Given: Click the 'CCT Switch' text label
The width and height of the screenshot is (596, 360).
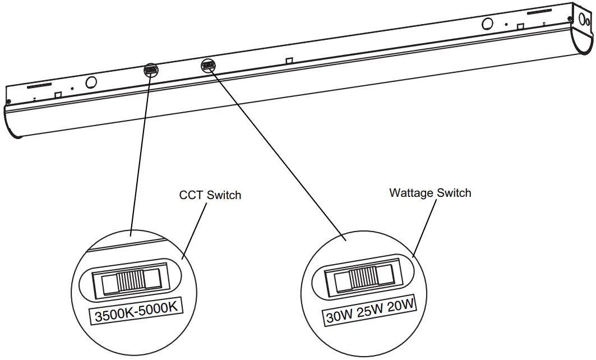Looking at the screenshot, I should tap(210, 195).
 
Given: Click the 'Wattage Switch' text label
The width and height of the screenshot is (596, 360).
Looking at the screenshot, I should tap(430, 193).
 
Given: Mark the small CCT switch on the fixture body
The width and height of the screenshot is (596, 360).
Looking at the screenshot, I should tap(150, 71).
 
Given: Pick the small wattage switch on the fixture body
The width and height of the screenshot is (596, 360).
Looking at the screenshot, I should tap(207, 66).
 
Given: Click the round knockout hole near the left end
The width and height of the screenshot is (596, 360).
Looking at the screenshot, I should tap(90, 82).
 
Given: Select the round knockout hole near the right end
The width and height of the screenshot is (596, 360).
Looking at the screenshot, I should tap(488, 24).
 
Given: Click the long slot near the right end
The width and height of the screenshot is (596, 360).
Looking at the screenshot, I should tap(541, 12).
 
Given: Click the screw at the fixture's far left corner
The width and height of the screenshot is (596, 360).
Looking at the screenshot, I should tap(9, 101).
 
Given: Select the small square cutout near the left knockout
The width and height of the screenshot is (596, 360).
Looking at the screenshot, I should tap(57, 94).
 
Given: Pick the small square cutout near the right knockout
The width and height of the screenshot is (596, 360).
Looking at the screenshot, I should tap(520, 26).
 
